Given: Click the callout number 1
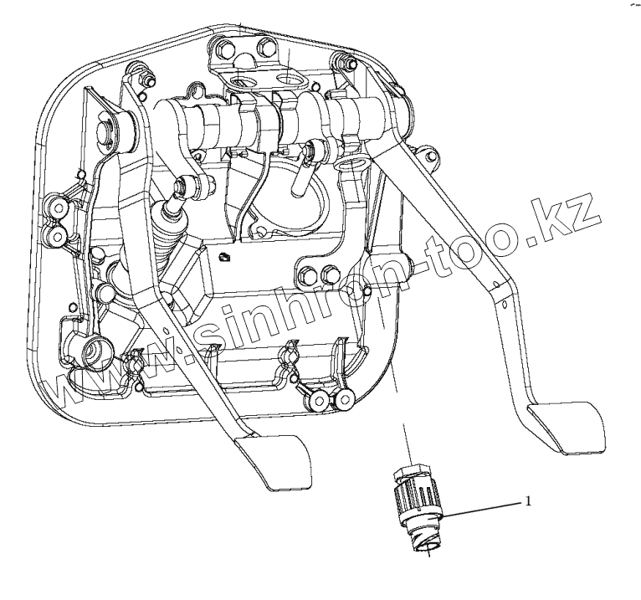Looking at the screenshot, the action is (528, 502).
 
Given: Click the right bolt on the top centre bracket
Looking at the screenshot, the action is (266, 45).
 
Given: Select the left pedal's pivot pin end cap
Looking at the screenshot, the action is (108, 132).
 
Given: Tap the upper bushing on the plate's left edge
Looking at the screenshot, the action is (56, 208).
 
